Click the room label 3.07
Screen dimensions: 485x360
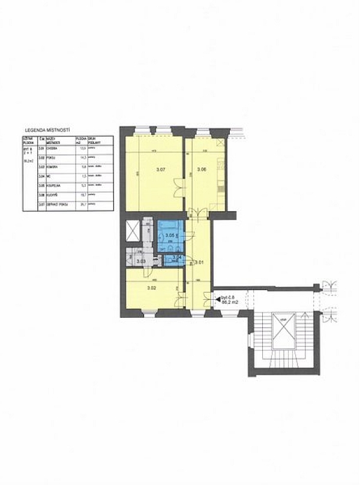[x=160, y=170]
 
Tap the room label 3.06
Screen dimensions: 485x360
[x=201, y=170]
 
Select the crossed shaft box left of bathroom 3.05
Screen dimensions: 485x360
[x=132, y=231]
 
